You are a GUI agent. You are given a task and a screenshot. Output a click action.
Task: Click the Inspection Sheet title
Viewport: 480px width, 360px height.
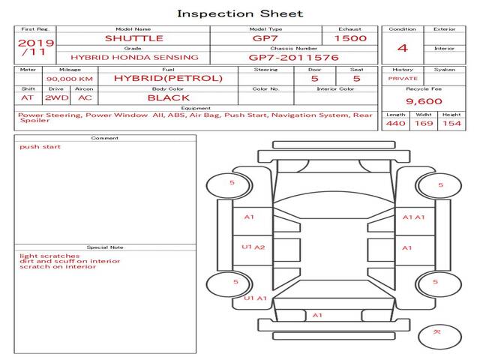[240, 13]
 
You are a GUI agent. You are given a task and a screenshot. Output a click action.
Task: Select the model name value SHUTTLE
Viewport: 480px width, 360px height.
[133, 38]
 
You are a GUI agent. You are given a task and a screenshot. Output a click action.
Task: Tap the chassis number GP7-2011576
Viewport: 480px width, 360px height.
[294, 57]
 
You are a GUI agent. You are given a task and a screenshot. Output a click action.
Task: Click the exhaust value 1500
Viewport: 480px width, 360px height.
[350, 38]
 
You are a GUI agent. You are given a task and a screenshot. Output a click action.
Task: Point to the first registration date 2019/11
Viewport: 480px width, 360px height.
[34, 47]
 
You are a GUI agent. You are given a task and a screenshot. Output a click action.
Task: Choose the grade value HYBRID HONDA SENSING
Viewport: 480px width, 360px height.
[134, 57]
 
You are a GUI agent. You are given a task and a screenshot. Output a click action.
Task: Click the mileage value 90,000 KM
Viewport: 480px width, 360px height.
[70, 79]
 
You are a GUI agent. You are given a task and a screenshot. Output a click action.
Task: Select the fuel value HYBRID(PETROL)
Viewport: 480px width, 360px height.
[168, 78]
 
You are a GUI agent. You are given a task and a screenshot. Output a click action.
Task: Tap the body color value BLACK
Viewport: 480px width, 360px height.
[168, 97]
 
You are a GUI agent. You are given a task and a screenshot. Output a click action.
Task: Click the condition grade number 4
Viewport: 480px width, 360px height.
[403, 48]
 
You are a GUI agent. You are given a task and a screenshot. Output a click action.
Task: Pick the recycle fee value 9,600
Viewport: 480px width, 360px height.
[424, 101]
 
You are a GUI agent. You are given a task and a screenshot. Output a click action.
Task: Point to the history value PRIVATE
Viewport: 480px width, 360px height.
[403, 78]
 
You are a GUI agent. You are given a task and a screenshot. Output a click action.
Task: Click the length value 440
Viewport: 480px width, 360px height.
[395, 123]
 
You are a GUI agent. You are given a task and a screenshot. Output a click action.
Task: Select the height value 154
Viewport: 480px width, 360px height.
[451, 123]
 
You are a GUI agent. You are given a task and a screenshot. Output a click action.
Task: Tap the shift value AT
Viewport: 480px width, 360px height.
[28, 97]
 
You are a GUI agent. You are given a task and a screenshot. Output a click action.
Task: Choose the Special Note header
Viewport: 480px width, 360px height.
[105, 247]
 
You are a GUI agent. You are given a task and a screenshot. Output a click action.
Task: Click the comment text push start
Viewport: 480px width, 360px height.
[40, 147]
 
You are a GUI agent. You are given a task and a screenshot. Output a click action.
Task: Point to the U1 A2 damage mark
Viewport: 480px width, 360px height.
[253, 247]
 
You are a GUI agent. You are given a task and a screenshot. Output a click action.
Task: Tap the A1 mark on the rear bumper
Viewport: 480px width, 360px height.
[317, 316]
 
